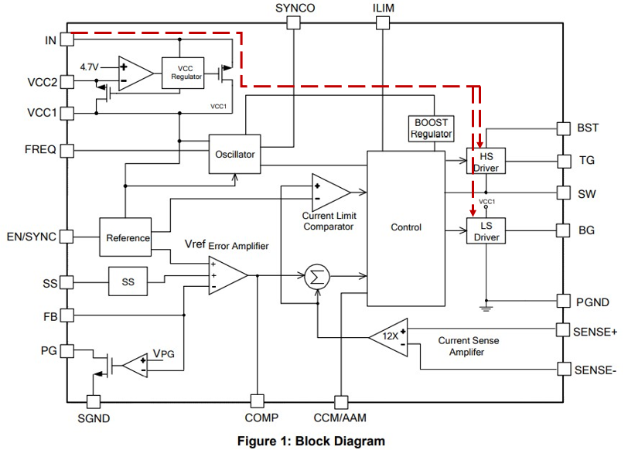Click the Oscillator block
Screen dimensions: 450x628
[234, 155]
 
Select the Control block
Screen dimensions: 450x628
[406, 227]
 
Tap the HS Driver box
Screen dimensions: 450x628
[486, 160]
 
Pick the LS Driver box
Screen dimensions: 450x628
[486, 231]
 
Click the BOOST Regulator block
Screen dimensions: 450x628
[431, 128]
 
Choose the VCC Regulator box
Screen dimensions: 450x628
[186, 72]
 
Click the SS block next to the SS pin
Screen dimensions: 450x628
[128, 282]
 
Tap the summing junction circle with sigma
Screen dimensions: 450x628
[315, 276]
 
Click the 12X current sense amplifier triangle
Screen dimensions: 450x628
[391, 337]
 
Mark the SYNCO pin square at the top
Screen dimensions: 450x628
[293, 23]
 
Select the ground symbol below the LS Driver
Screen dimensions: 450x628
[486, 308]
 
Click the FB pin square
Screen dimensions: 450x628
[67, 315]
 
